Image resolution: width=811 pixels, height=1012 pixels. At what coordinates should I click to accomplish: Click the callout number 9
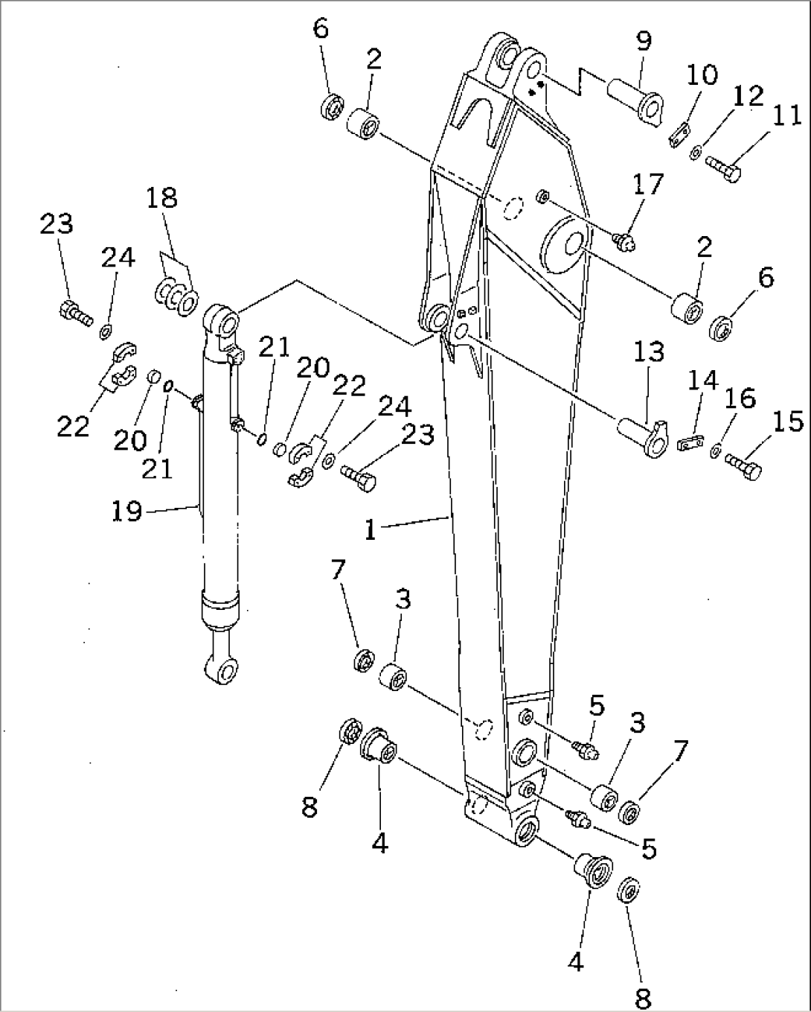coord(644,42)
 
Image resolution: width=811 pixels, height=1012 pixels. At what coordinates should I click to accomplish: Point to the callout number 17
coord(647,184)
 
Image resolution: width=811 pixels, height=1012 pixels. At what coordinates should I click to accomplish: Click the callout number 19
coord(127,511)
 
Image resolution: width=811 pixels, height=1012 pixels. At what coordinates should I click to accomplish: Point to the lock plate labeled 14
coord(691,444)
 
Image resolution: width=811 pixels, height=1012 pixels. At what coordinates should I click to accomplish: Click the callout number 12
coord(748,96)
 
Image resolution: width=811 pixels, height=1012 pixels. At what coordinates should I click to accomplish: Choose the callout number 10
coord(702,74)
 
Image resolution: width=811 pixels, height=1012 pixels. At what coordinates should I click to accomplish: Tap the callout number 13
coord(648,352)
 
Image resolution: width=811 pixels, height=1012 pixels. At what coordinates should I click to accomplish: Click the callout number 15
coord(788,422)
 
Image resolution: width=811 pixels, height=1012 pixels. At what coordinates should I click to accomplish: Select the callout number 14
coord(702,381)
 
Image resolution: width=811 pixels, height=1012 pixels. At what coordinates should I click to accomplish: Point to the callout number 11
coord(786,115)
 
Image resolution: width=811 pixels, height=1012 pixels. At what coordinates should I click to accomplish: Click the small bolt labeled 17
coord(623,239)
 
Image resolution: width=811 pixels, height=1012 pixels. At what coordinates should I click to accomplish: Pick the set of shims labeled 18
coord(176,296)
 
